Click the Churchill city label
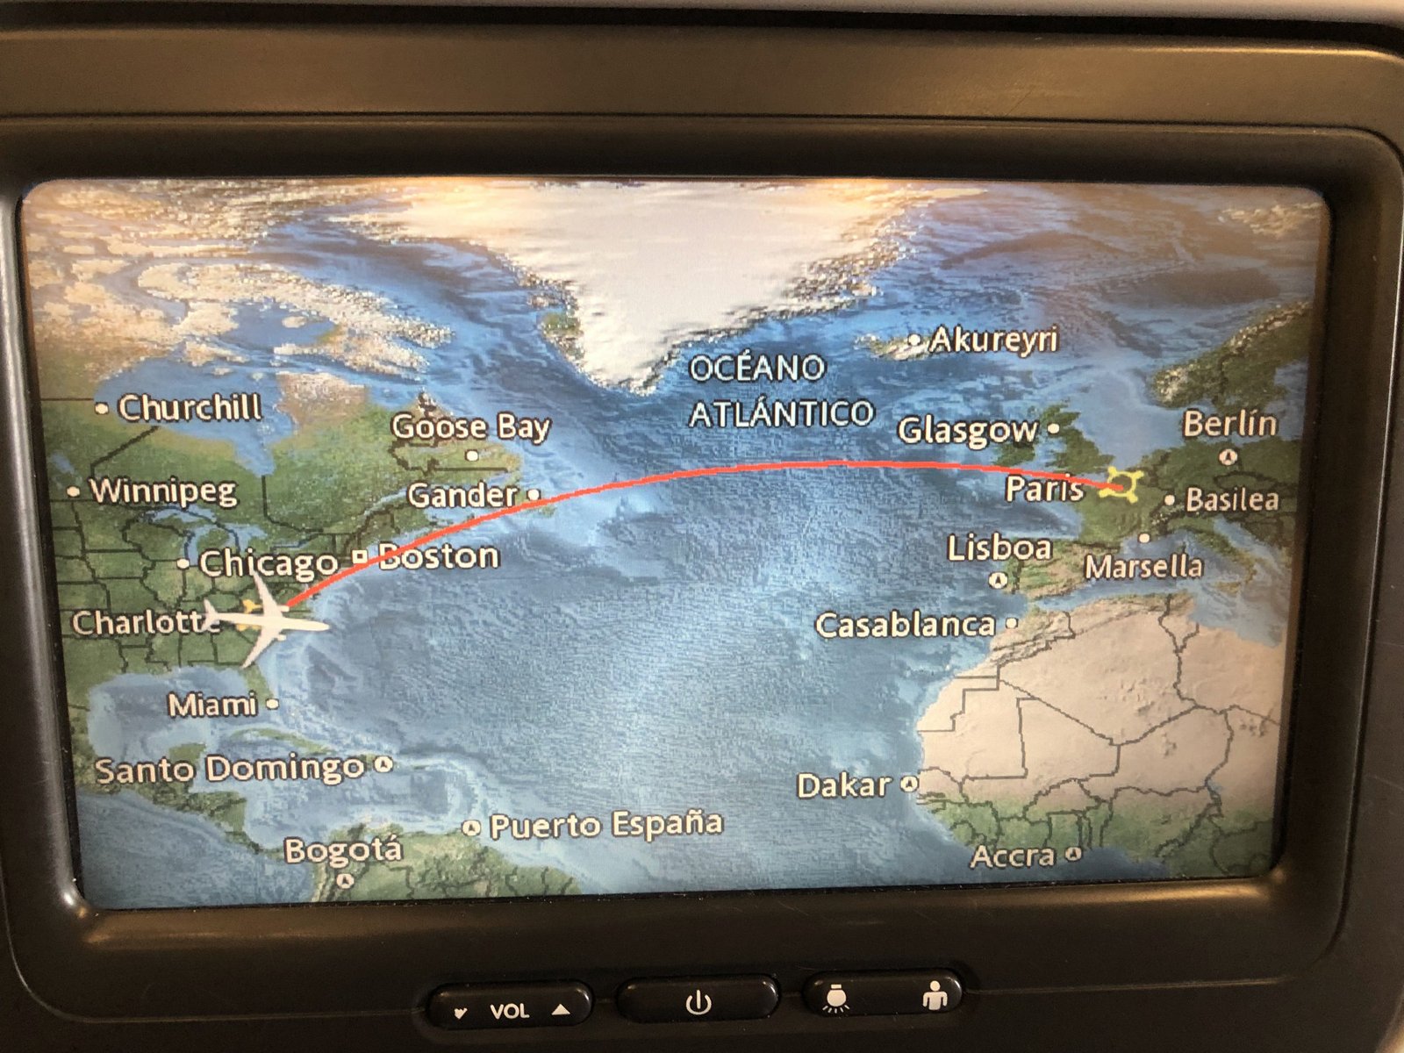click(x=190, y=407)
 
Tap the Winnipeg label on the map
click(x=163, y=491)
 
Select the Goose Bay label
click(x=470, y=427)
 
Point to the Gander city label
click(x=462, y=496)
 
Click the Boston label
click(x=440, y=556)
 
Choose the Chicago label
click(x=269, y=563)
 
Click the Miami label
click(x=212, y=705)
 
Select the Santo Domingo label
click(x=229, y=770)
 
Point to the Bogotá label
click(x=343, y=849)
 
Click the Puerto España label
click(x=605, y=825)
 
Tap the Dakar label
click(x=843, y=785)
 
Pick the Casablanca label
click(x=905, y=625)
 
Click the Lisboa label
click(x=999, y=548)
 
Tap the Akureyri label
click(x=994, y=339)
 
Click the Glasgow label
click(x=967, y=430)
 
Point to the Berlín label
click(x=1229, y=424)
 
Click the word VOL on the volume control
click(x=509, y=1011)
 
